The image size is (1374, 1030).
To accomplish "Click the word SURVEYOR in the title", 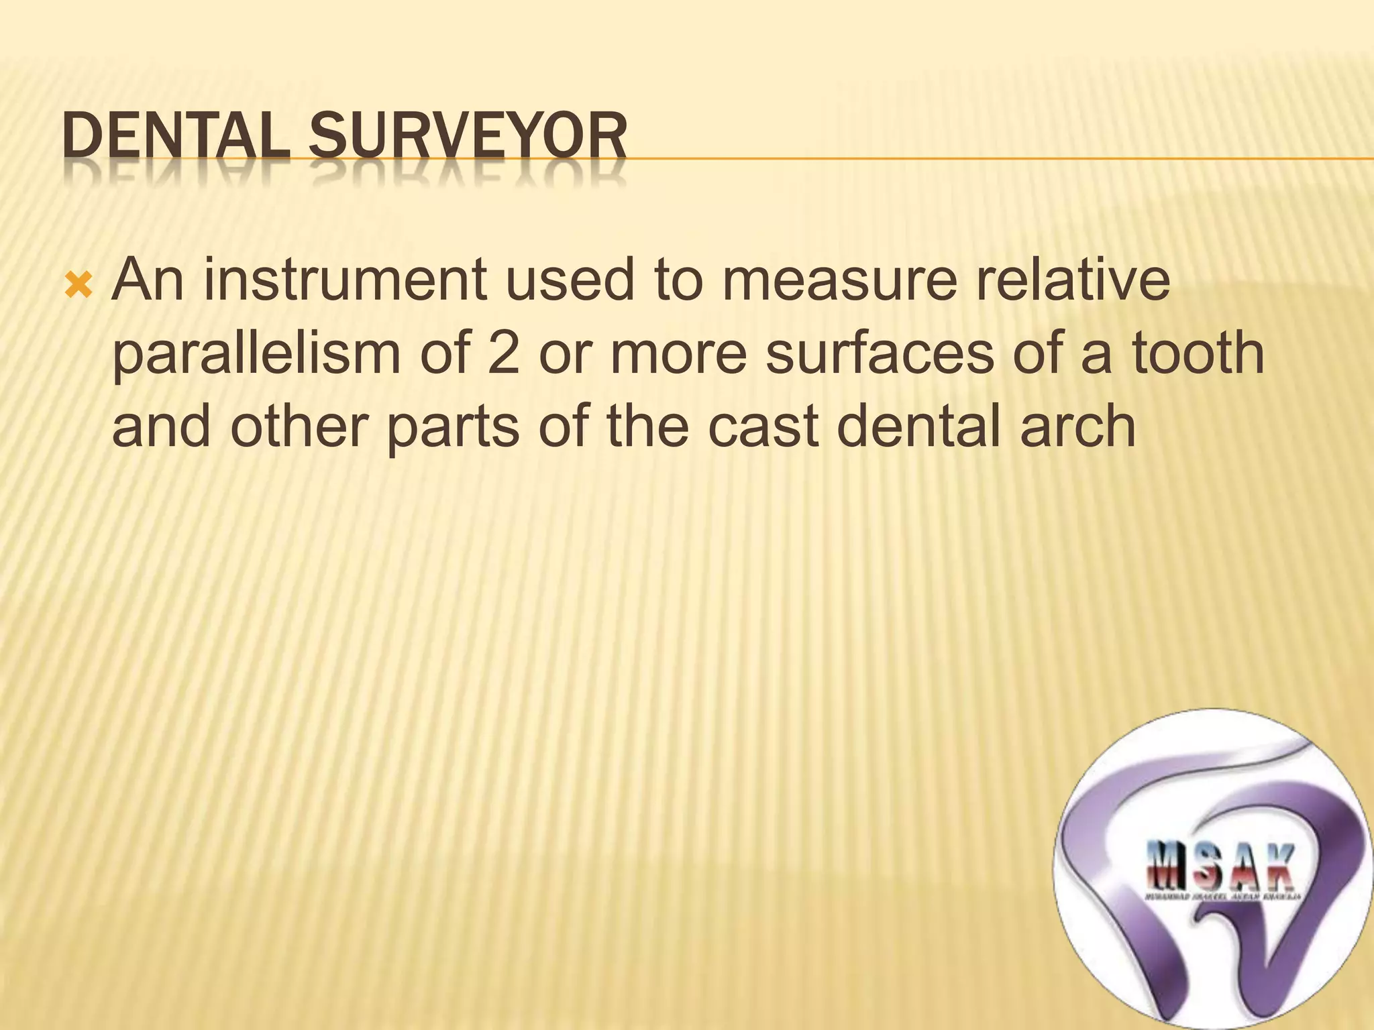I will coord(468,137).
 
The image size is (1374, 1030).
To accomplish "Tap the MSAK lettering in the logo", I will coord(1220,866).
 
